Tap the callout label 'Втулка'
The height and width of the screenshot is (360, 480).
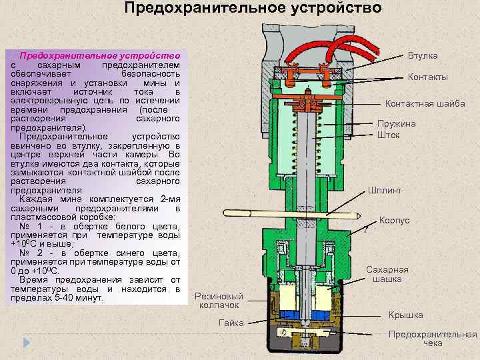pyautogui.click(x=422, y=57)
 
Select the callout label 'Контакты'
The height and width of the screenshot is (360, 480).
pyautogui.click(x=427, y=77)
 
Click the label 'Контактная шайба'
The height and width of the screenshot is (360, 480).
pyautogui.click(x=425, y=103)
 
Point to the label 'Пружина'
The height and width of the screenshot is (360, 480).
pyautogui.click(x=396, y=123)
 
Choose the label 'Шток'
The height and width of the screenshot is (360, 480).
pyautogui.click(x=388, y=135)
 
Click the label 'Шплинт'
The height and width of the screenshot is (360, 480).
pyautogui.click(x=385, y=190)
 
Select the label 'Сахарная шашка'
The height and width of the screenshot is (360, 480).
pyautogui.click(x=387, y=274)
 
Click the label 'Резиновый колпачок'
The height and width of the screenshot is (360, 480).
pyautogui.click(x=219, y=300)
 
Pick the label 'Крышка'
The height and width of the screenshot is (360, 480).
pyautogui.click(x=406, y=315)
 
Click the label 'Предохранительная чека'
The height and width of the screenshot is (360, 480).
pyautogui.click(x=433, y=339)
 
